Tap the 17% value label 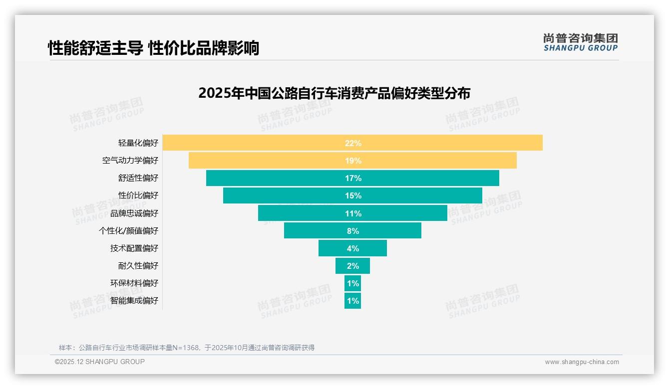point(353,178)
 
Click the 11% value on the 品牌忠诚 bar point(353,213)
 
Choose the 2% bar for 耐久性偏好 point(352,266)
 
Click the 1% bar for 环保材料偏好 point(352,283)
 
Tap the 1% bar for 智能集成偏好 point(352,301)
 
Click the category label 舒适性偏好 point(138,178)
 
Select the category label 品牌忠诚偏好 point(134,213)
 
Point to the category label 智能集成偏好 point(134,301)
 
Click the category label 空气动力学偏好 point(130,161)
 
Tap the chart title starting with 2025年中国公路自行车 point(334,93)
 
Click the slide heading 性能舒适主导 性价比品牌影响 point(153,48)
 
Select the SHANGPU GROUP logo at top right point(580,42)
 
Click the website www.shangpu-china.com point(582,362)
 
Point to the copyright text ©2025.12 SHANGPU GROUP point(100,362)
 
